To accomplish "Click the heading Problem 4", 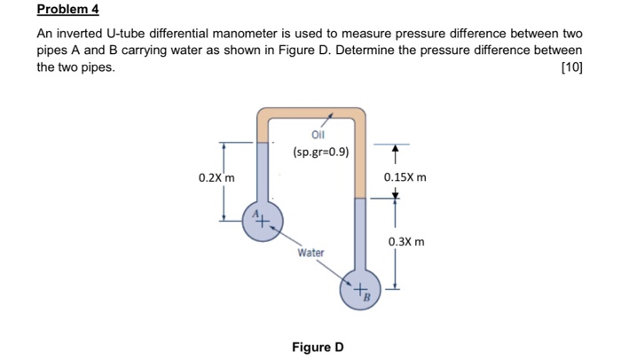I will [68, 11].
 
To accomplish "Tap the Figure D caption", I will [318, 347].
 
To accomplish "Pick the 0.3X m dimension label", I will [405, 241].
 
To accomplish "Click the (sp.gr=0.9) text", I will [320, 152].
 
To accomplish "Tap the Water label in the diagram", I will [310, 253].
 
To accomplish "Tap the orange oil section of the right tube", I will [360, 160].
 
